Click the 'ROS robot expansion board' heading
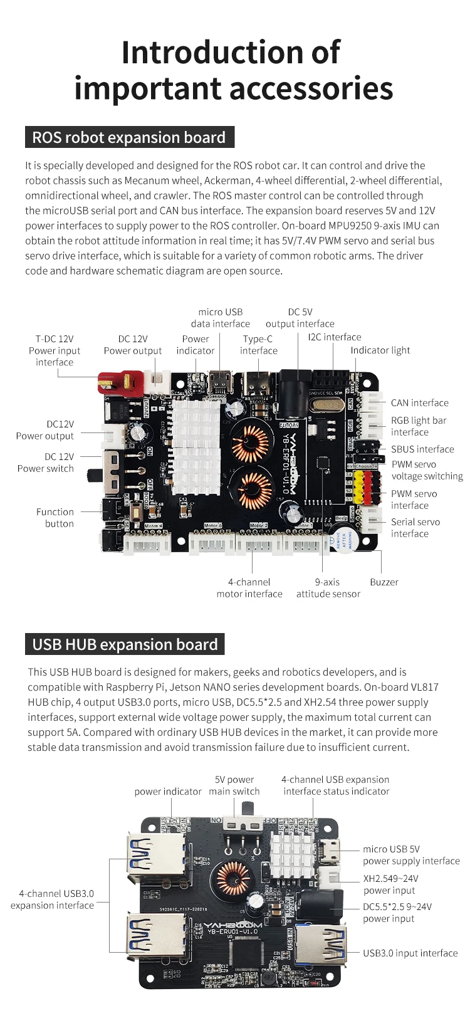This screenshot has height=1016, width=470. coord(128,138)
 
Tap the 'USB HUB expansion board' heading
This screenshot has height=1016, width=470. coord(125,644)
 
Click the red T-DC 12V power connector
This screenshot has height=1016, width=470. coord(119,382)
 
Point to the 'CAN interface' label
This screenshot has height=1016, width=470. coord(419,403)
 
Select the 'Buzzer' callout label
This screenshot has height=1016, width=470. coord(384,582)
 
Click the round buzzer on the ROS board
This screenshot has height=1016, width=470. coord(344,537)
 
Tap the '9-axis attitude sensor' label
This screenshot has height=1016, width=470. coord(328,588)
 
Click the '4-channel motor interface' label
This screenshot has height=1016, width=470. coord(249,588)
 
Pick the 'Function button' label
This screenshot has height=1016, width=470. coord(55,518)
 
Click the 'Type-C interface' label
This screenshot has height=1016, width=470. coord(258,345)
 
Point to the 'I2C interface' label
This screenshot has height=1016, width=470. coord(334,337)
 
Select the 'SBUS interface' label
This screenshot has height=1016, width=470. coord(422,449)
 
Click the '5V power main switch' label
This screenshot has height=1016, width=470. coord(234,785)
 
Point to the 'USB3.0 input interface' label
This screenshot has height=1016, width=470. coord(410,953)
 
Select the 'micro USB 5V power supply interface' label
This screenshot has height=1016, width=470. coord(411,855)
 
